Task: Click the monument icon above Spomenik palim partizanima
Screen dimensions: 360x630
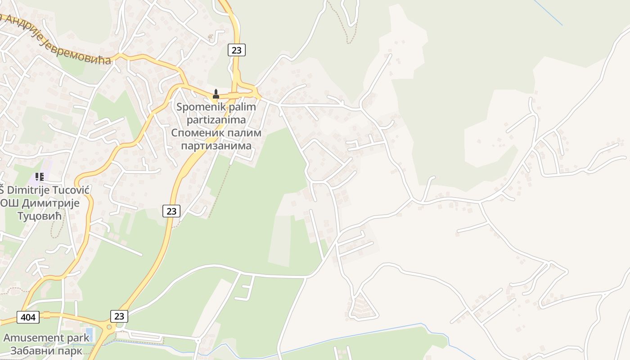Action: click(x=216, y=94)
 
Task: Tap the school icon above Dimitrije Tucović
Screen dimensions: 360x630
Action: click(x=40, y=176)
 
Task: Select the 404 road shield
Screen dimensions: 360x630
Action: click(x=28, y=317)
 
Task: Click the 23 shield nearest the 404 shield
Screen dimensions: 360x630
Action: click(x=119, y=316)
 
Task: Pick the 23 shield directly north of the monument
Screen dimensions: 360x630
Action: click(x=236, y=50)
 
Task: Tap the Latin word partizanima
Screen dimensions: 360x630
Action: click(x=216, y=120)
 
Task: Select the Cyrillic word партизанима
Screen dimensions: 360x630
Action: click(x=216, y=146)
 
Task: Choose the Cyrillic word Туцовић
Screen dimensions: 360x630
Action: click(x=40, y=216)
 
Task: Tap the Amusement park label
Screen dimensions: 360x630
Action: click(x=46, y=337)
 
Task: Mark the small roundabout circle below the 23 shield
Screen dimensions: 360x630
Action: click(x=108, y=327)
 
